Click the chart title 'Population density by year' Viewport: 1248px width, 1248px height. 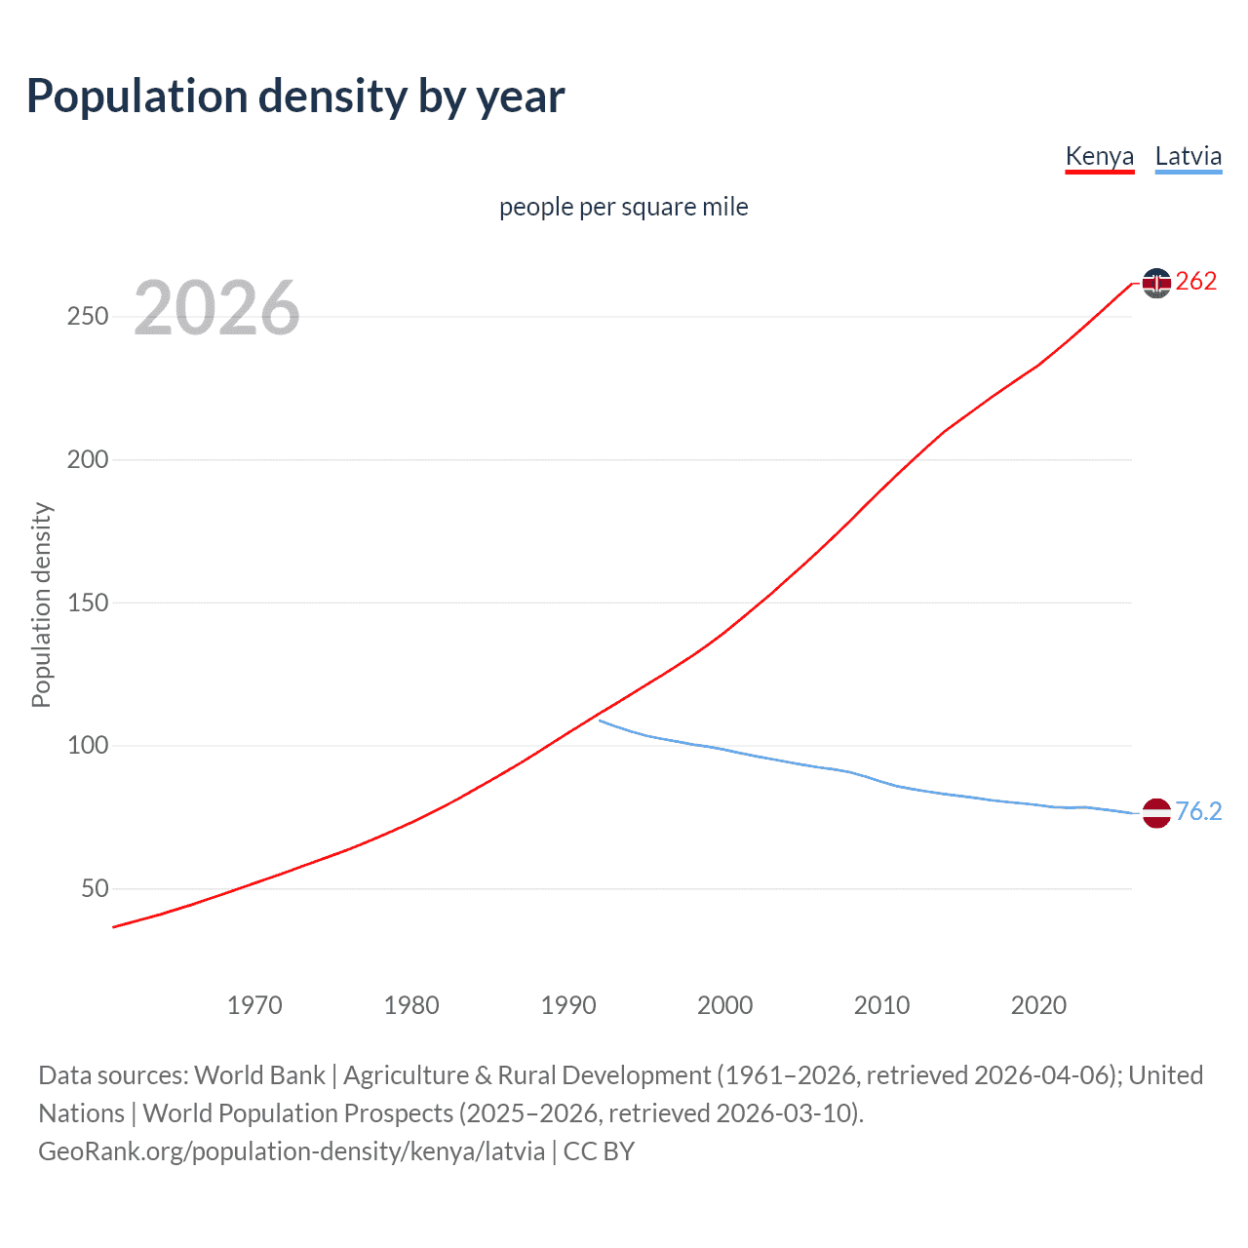click(x=295, y=97)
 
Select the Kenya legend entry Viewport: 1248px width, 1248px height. click(x=1099, y=156)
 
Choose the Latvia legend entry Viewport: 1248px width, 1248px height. click(x=1188, y=156)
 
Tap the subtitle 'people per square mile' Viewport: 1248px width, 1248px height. click(x=623, y=207)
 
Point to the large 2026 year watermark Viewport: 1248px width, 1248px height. click(x=216, y=308)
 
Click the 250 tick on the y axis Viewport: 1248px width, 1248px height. click(x=88, y=317)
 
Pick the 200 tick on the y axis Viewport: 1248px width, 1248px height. click(x=88, y=459)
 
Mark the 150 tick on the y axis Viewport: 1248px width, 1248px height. click(x=88, y=603)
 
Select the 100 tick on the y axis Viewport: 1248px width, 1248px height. click(x=88, y=746)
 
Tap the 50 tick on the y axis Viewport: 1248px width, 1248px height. click(x=95, y=888)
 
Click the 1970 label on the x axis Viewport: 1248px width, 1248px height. click(x=254, y=1005)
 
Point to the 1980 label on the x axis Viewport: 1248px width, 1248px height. click(x=411, y=1005)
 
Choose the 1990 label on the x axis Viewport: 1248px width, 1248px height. click(x=568, y=1005)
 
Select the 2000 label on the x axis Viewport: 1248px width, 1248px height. click(x=725, y=1005)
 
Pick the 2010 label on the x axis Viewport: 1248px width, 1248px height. click(x=882, y=1005)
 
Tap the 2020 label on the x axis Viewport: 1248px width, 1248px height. click(x=1039, y=1005)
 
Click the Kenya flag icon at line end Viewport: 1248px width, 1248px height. click(x=1156, y=283)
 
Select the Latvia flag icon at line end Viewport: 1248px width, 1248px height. click(x=1156, y=812)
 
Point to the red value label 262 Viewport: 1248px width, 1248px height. click(x=1196, y=282)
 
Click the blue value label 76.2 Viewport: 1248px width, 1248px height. click(x=1198, y=811)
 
